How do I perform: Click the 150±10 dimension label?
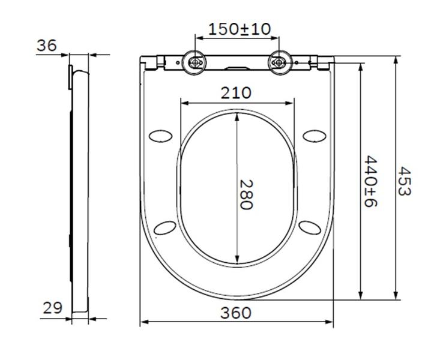[x=240, y=29]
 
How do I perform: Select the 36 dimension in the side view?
[x=47, y=46]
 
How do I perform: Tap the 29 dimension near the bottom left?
[x=53, y=308]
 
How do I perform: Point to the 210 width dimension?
[x=236, y=93]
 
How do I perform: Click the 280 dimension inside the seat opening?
[x=246, y=194]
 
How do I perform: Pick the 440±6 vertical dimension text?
[x=370, y=181]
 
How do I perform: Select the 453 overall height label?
[x=404, y=181]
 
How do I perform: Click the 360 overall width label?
[x=236, y=313]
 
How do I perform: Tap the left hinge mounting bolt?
[x=194, y=62]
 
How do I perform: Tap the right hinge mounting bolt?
[x=280, y=62]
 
